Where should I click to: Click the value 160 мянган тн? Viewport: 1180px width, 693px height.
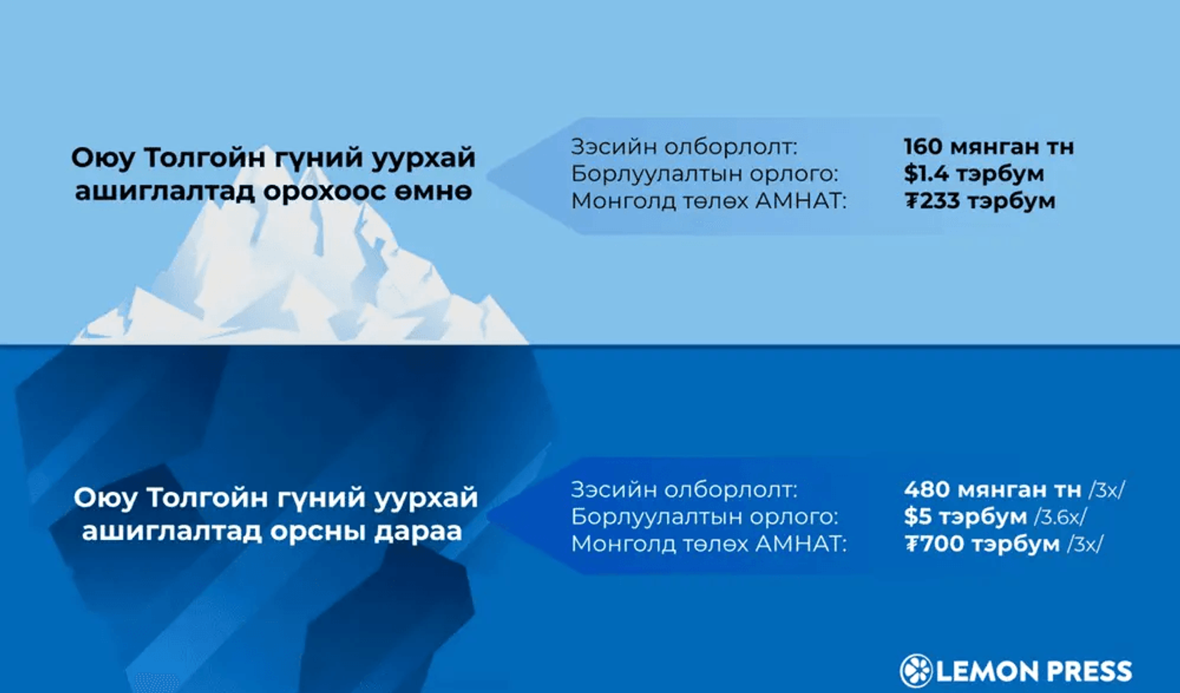(989, 147)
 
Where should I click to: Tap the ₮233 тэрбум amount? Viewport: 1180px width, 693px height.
(980, 201)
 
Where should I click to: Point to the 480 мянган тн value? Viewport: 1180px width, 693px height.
(992, 490)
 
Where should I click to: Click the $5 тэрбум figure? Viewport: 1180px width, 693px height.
(966, 517)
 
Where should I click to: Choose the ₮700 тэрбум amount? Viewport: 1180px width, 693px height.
(982, 544)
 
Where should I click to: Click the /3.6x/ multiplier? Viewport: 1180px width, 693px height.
(1060, 517)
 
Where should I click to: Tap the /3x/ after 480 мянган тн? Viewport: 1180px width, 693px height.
(1106, 491)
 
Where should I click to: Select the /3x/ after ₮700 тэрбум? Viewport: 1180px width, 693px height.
(1085, 544)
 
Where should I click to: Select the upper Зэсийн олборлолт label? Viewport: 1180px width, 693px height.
(684, 147)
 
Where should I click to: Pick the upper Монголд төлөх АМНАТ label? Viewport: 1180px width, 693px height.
(709, 201)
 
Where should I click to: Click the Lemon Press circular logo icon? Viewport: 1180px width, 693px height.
(916, 670)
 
